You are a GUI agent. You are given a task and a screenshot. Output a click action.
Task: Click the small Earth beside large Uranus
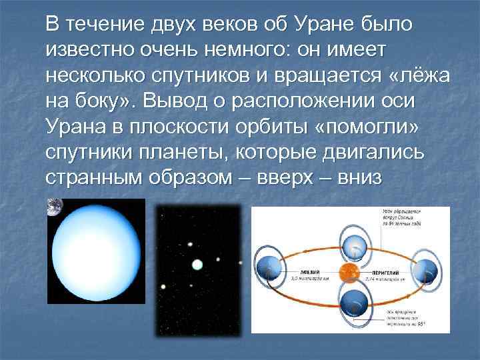52,207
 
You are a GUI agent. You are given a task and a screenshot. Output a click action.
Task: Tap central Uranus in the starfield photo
197,265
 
